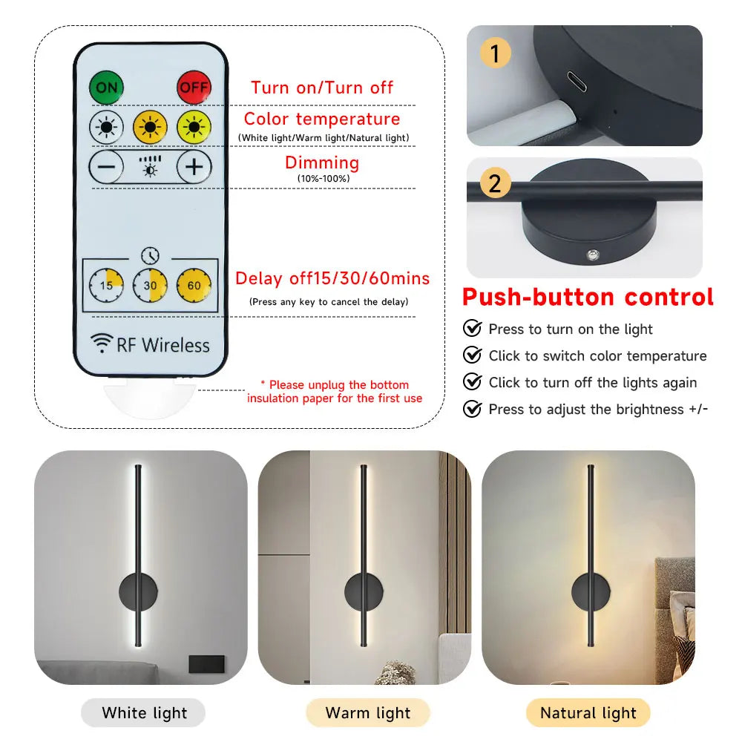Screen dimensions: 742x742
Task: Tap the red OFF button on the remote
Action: [x=194, y=87]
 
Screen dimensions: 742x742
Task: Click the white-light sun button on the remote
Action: [x=106, y=128]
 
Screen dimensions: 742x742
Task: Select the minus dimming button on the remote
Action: [x=106, y=166]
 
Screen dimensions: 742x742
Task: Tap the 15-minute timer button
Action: [x=106, y=285]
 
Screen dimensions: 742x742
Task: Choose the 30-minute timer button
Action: [x=150, y=285]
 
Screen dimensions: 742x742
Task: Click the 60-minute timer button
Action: [x=194, y=285]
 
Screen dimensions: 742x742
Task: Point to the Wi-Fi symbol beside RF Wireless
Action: [x=102, y=343]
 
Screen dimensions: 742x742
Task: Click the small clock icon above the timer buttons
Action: [x=150, y=255]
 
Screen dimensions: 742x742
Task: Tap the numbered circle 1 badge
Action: [x=495, y=53]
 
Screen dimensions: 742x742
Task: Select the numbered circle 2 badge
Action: [x=495, y=183]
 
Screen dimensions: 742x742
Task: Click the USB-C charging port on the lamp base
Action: [x=577, y=81]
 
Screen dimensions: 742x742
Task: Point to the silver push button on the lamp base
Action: [x=591, y=255]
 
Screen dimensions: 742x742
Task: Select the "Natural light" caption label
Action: [x=588, y=712]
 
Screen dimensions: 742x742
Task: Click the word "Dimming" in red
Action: [x=322, y=162]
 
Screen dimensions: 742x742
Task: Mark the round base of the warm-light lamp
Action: [x=364, y=591]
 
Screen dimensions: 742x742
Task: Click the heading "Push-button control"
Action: [x=588, y=298]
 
